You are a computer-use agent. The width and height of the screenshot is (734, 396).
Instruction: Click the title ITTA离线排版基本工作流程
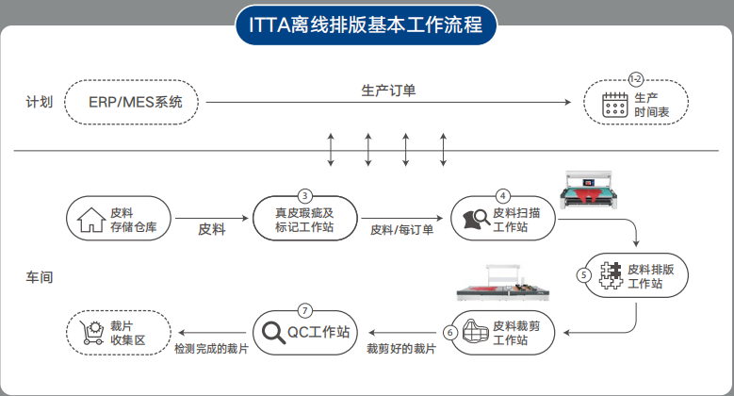(x=366, y=25)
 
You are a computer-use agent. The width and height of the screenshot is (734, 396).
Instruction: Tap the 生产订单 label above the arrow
(x=388, y=91)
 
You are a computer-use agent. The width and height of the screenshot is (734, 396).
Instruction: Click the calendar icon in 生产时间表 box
(x=614, y=104)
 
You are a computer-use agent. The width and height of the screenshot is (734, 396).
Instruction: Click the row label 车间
(x=38, y=278)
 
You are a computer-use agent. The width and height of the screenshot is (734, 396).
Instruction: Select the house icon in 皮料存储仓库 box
(x=90, y=220)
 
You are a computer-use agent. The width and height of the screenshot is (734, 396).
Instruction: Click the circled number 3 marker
(x=304, y=193)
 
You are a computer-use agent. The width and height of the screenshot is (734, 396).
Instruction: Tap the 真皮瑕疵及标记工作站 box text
(x=303, y=220)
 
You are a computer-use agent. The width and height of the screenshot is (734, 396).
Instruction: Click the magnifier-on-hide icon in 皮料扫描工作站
(x=476, y=220)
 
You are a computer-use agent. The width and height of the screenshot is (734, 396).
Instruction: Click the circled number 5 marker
(x=584, y=275)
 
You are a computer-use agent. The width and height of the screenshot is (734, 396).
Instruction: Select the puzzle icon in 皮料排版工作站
(x=609, y=275)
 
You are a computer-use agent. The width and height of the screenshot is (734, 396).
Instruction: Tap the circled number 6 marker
(x=450, y=332)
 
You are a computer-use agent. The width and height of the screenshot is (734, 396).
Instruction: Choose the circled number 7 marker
(x=304, y=309)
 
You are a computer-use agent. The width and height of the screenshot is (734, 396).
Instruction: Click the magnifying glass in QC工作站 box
(x=274, y=333)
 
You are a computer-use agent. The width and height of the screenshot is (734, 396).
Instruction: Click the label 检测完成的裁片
(x=210, y=350)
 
